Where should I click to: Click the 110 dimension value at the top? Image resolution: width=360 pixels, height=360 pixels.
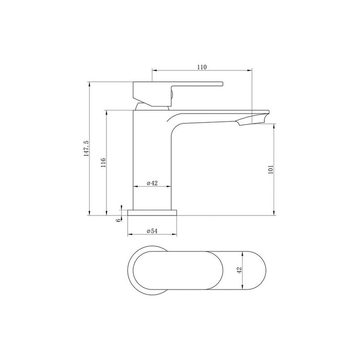(201, 67)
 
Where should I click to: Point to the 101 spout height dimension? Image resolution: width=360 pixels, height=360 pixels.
(271, 169)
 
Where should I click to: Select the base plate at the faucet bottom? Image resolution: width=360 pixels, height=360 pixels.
(152, 212)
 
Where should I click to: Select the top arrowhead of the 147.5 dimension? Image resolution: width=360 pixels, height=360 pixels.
(89, 83)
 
